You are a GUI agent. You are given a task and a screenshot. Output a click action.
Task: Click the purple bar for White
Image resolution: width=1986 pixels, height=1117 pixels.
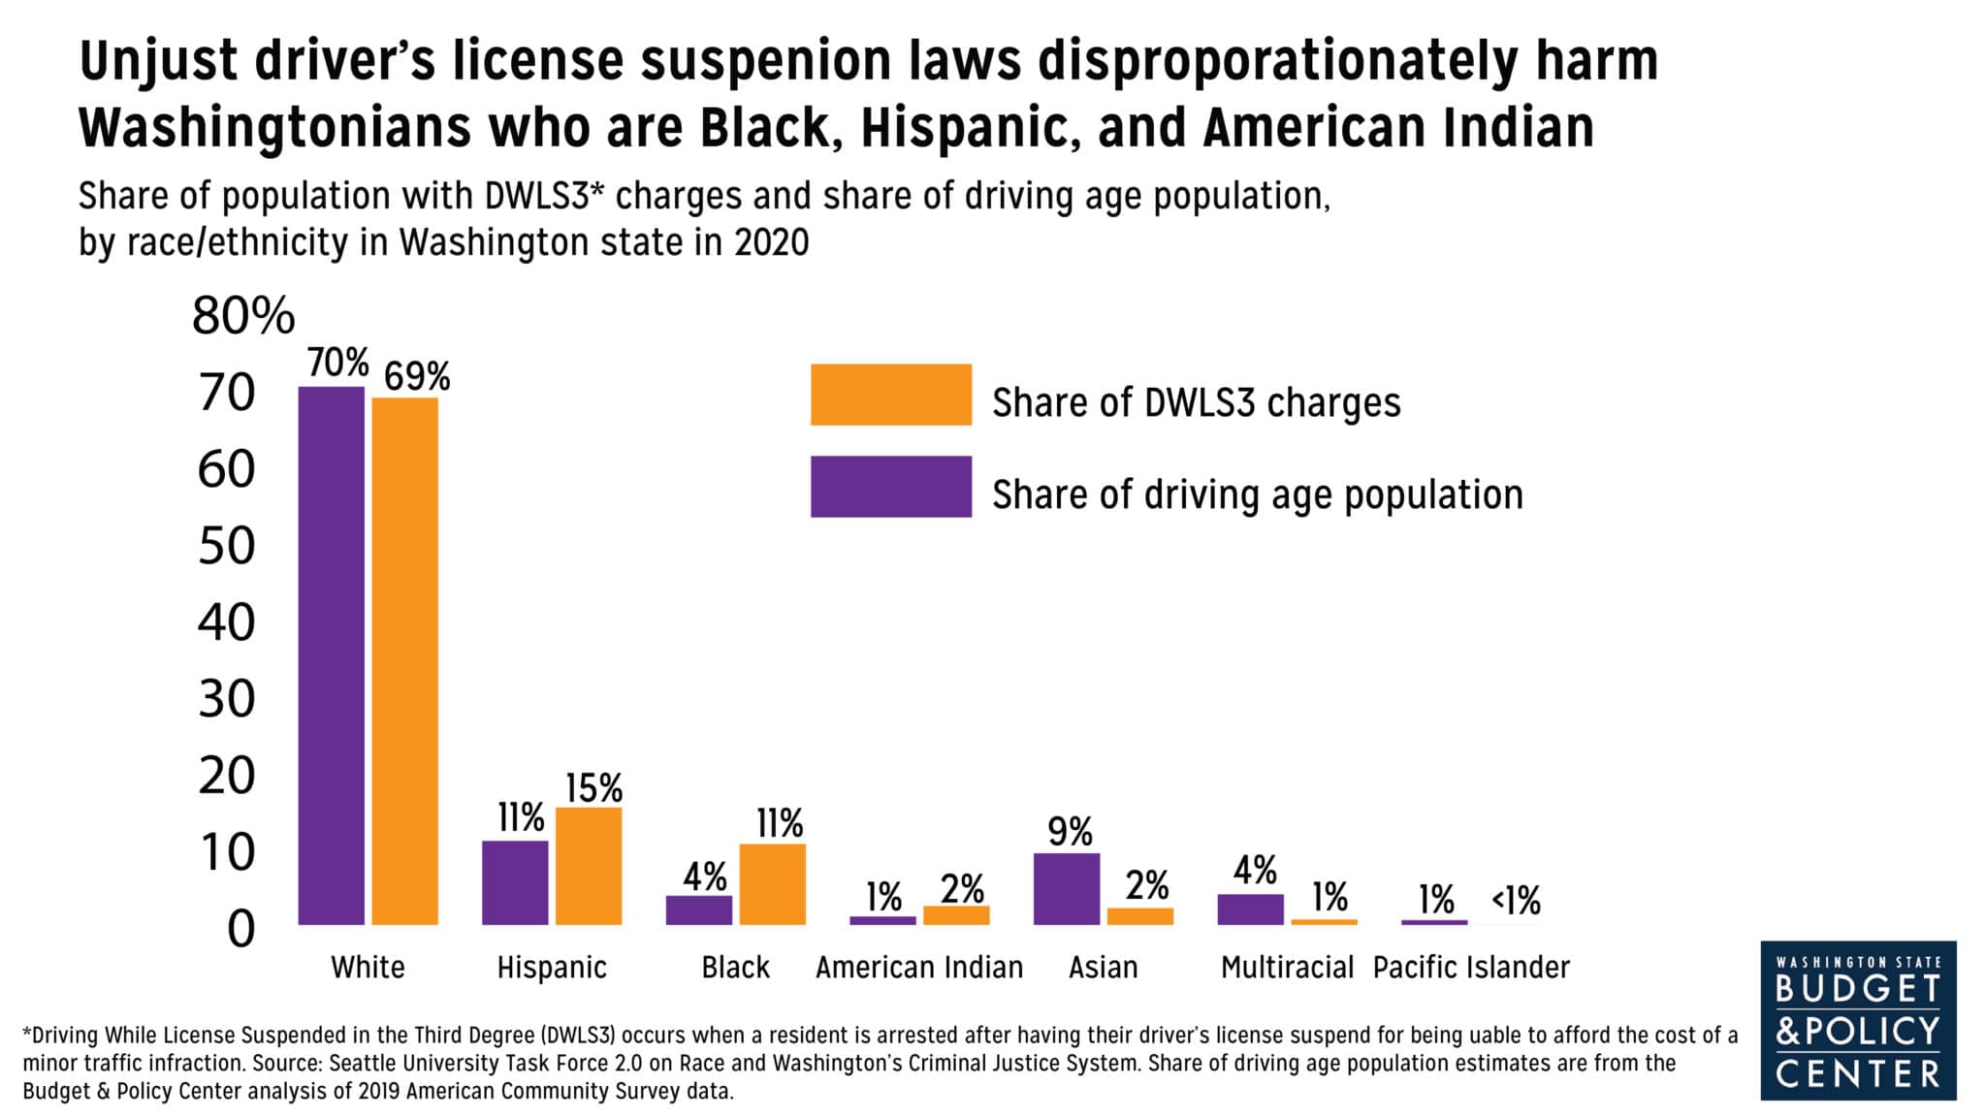tap(331, 655)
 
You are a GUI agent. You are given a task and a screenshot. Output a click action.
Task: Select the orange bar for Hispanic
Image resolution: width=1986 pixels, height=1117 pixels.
tap(589, 866)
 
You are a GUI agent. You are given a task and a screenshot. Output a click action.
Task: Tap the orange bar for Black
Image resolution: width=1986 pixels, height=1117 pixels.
tap(772, 884)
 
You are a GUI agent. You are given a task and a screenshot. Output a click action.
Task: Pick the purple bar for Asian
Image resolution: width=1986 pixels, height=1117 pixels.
tap(1067, 889)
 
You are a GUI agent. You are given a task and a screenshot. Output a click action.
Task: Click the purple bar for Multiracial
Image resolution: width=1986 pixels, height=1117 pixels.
tap(1250, 910)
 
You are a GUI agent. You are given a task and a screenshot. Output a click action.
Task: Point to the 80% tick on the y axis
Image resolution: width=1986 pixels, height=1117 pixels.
tap(243, 316)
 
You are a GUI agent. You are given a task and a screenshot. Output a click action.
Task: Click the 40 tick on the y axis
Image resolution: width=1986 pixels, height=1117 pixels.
tap(227, 622)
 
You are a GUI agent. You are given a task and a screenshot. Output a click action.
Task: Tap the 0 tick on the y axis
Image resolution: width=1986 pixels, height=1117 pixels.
tap(240, 929)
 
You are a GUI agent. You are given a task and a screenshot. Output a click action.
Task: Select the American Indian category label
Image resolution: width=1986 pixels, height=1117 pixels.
tap(919, 968)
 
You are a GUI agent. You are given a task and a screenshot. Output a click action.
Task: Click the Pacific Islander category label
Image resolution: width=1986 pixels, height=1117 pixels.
tap(1471, 968)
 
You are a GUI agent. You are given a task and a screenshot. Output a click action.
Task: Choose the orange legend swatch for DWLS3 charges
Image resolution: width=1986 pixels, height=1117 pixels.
tap(890, 395)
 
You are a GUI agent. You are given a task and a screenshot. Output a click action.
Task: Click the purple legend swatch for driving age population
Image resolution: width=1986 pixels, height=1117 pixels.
tap(890, 487)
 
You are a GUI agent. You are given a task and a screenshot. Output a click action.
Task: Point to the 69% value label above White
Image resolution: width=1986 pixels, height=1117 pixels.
tap(417, 377)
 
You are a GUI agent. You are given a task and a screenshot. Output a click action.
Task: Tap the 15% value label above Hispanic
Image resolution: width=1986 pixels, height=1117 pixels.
tap(593, 788)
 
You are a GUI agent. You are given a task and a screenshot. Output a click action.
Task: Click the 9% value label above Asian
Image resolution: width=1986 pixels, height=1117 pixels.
tap(1070, 832)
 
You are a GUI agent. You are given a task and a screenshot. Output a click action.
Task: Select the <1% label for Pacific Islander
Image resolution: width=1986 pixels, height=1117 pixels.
tap(1516, 901)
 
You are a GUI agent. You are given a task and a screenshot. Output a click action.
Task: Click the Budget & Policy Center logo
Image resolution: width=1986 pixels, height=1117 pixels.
tap(1858, 1020)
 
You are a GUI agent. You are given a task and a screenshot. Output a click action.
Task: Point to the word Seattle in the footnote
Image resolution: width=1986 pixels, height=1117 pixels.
tap(361, 1063)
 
